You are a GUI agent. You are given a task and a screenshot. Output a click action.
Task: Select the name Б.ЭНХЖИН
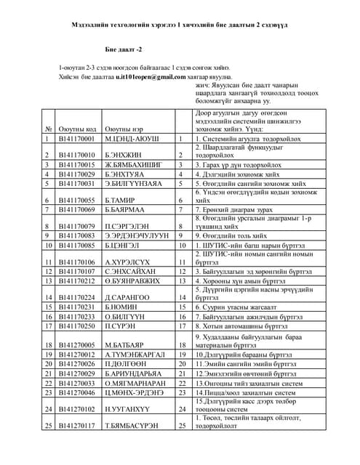coord(121,155)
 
